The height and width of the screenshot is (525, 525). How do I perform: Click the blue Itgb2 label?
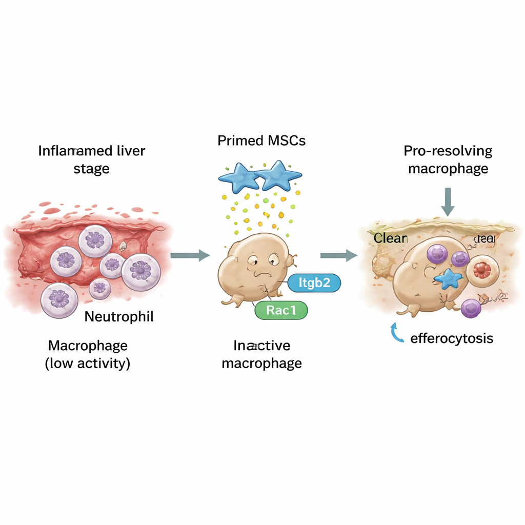pos(314,283)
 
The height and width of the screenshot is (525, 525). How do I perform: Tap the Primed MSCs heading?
pos(261,140)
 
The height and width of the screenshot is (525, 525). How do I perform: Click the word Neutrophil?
pos(119,316)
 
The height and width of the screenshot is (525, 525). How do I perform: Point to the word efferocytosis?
pos(452,338)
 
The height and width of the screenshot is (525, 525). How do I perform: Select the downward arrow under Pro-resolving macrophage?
pos(448,201)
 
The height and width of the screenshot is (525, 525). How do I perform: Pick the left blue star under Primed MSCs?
pos(239,177)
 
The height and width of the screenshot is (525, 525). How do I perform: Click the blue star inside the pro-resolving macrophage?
pos(448,279)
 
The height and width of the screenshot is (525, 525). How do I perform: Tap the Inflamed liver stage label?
pos(92,159)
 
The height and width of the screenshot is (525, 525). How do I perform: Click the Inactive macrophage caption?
pos(261,355)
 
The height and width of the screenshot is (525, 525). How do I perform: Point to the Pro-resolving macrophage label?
pos(448,159)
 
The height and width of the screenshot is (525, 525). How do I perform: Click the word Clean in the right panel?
pos(390,238)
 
